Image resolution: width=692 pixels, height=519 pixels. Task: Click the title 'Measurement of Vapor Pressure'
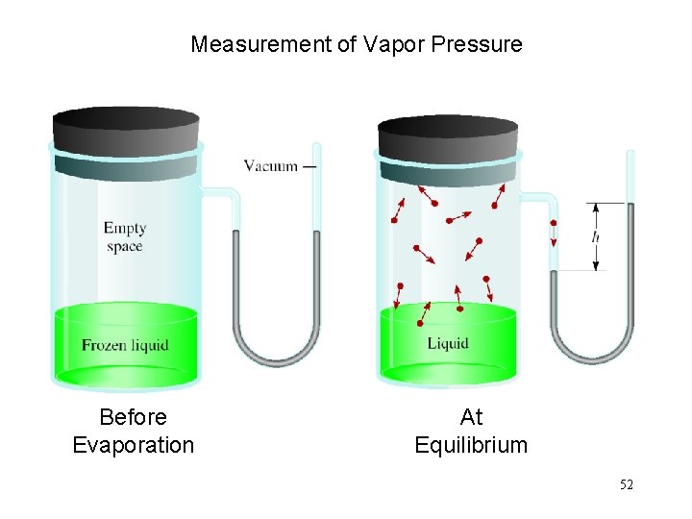pos(357,44)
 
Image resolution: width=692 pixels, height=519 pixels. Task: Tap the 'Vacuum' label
pos(270,165)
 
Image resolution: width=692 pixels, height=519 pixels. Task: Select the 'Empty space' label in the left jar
pos(125,236)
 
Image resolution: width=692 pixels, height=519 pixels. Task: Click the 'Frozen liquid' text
pos(125,345)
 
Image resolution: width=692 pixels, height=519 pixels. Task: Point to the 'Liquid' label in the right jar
pos(448,343)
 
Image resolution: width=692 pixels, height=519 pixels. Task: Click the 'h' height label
pos(596,236)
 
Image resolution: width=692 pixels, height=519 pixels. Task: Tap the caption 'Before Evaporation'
pos(133,431)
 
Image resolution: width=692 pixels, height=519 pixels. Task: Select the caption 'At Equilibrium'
pos(471,431)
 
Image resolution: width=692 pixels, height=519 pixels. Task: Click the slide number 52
pos(626,485)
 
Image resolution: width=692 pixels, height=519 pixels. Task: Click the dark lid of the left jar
pos(125,130)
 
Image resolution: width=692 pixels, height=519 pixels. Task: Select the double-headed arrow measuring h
pos(596,236)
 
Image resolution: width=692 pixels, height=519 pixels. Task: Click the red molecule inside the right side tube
pos(554,223)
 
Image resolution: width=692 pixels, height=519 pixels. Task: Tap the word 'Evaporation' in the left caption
pos(133,445)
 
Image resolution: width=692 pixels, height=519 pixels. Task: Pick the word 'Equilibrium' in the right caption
pos(471,445)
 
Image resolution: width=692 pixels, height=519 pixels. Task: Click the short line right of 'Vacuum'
pos(309,166)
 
